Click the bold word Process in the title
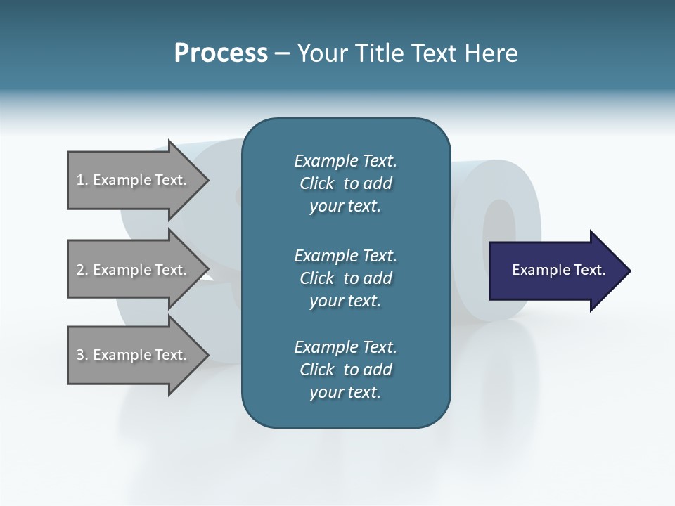[x=221, y=53]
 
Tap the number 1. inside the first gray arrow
[x=82, y=180]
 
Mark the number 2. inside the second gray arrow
[x=82, y=270]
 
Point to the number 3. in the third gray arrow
[x=82, y=355]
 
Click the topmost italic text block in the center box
[x=346, y=183]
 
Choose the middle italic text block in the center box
[x=346, y=278]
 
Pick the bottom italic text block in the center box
[x=346, y=370]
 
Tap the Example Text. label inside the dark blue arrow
[x=558, y=270]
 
